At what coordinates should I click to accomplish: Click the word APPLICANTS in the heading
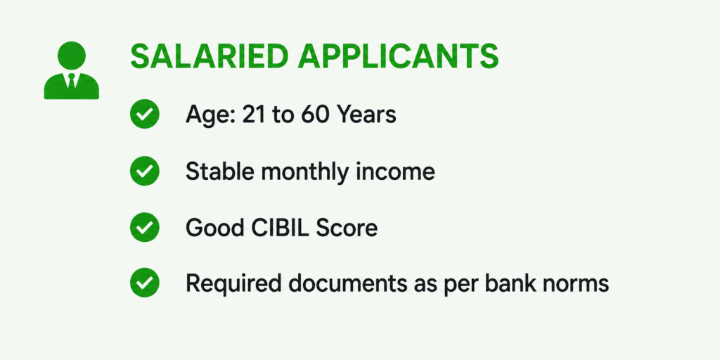click(x=392, y=57)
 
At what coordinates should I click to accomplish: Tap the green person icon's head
click(x=72, y=56)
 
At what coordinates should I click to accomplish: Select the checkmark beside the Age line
click(x=145, y=115)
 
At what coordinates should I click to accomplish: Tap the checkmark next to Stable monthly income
click(x=145, y=171)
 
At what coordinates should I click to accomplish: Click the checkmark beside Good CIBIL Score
click(x=145, y=227)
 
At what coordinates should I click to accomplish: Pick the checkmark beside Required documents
click(x=145, y=283)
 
